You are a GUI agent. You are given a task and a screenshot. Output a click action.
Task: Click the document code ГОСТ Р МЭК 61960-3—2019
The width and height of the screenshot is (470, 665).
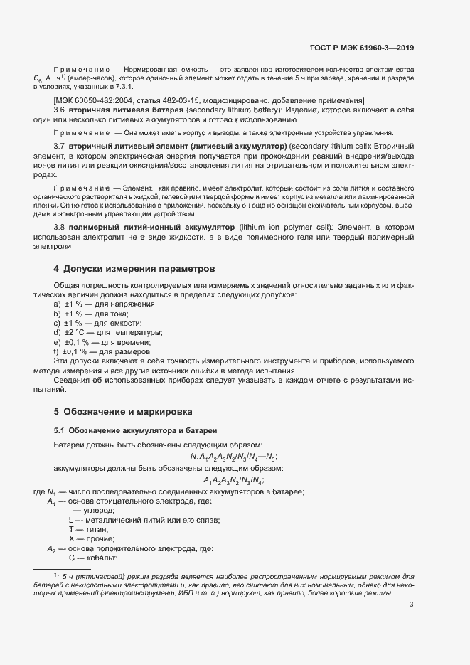tap(362, 48)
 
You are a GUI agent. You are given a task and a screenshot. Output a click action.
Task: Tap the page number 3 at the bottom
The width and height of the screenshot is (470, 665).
tap(412, 605)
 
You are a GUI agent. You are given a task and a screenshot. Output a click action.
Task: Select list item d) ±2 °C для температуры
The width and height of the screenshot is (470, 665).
tap(108, 332)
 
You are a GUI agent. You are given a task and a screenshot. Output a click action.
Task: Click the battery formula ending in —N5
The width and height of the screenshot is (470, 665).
tap(234, 457)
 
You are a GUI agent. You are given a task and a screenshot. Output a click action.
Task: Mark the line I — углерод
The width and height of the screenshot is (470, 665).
tap(91, 511)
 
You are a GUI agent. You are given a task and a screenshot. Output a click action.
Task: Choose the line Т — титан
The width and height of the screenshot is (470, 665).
tap(88, 530)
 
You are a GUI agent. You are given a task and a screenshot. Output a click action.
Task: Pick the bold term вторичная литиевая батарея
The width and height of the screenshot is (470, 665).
tap(126, 111)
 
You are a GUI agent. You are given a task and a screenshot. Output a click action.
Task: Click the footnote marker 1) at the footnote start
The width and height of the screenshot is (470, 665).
tap(55, 574)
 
